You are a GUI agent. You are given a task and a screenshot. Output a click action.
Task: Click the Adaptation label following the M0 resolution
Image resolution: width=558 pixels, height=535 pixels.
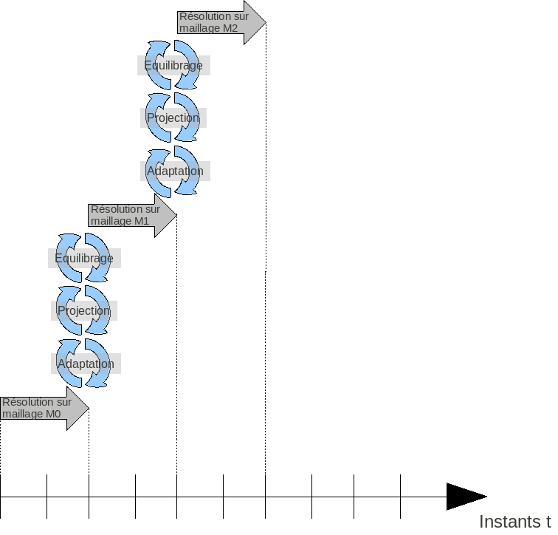pos(86,364)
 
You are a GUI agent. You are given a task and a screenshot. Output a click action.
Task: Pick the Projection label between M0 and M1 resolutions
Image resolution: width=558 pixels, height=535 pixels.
pos(83,310)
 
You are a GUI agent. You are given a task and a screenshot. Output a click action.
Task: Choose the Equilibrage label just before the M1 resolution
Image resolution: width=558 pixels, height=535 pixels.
pos(84,258)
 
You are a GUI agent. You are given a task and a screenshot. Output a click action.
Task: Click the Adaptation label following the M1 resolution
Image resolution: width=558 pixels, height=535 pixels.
pos(175,171)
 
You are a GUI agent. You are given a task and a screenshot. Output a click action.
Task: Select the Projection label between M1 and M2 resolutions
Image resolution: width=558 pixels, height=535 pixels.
pos(173,117)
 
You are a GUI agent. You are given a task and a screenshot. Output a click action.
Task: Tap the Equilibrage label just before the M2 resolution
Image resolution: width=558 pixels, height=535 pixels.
pos(173,65)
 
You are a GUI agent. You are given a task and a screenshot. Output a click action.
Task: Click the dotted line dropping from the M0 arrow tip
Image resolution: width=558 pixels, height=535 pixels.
pos(89,443)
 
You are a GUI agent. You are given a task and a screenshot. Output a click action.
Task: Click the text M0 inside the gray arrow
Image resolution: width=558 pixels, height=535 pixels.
pos(53,415)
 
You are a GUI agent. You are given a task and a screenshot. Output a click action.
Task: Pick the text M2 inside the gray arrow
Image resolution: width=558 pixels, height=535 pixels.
pos(230,28)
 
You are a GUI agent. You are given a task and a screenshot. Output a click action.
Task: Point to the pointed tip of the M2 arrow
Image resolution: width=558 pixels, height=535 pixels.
pos(263,22)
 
